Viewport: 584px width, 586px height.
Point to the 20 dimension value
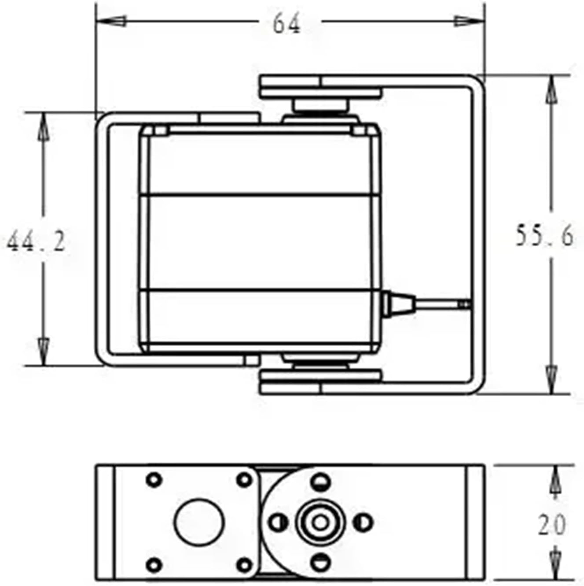(x=551, y=524)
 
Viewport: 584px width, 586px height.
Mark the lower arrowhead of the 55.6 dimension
(x=551, y=378)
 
